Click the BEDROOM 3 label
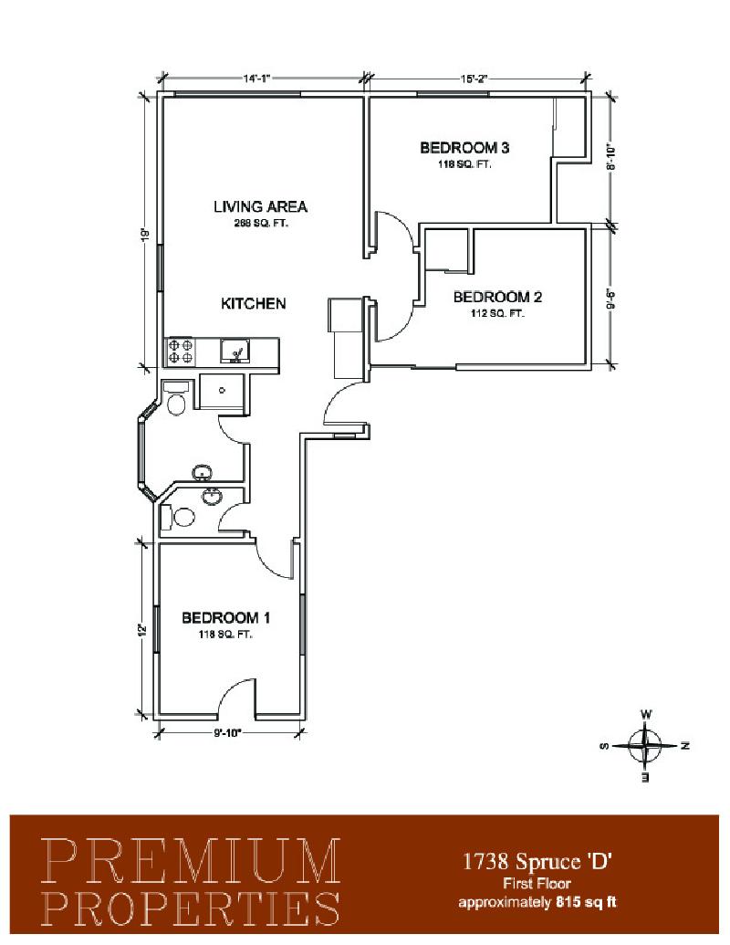tap(464, 147)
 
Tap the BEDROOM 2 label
tap(497, 297)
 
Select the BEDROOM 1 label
tap(225, 618)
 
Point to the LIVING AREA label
tap(260, 206)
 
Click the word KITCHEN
tap(253, 303)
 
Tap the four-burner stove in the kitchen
tap(181, 352)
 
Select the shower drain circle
tap(222, 391)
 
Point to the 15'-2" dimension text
tap(473, 79)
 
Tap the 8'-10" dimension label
tap(611, 158)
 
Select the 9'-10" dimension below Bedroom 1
tap(227, 733)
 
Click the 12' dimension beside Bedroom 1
tap(142, 629)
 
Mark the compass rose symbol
tap(645, 746)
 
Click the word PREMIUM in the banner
tap(192, 861)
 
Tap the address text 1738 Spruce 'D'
tap(537, 862)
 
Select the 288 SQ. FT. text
tap(261, 223)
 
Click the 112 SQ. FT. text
tap(497, 313)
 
